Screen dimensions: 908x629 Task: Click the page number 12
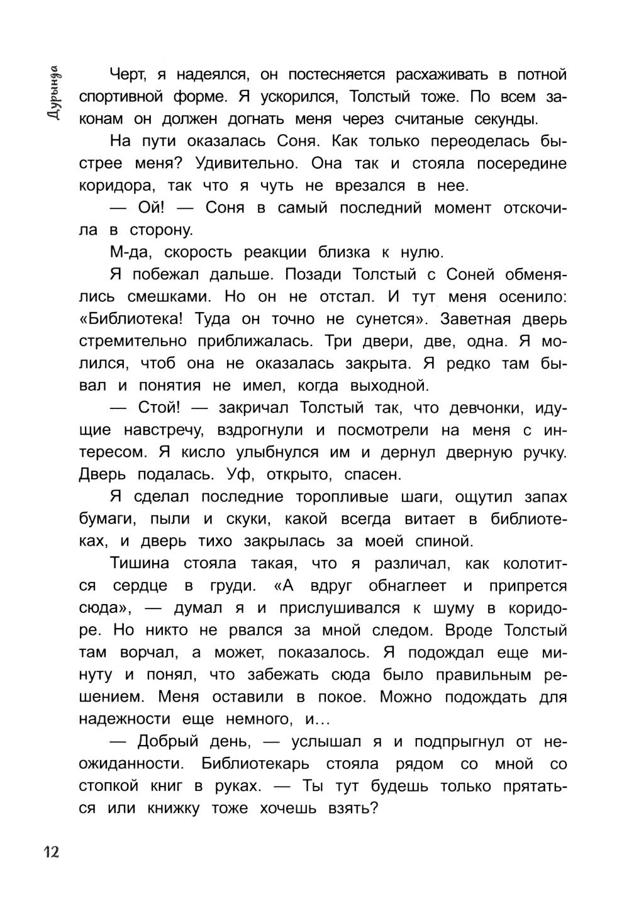[x=51, y=852]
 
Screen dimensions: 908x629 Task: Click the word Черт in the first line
[x=128, y=75]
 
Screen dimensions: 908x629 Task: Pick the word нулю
[x=423, y=253]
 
